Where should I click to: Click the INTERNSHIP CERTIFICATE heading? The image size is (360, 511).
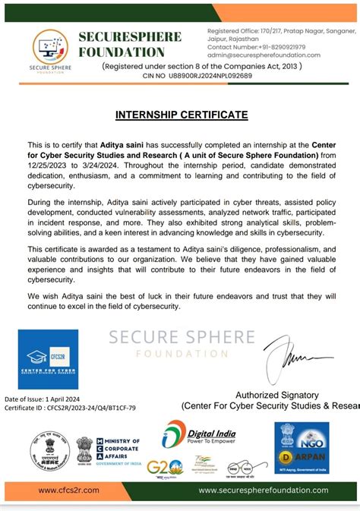[181, 115]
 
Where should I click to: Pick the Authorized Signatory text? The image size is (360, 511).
[278, 395]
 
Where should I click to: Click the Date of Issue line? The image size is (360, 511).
[46, 398]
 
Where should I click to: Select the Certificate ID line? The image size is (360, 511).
[70, 408]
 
